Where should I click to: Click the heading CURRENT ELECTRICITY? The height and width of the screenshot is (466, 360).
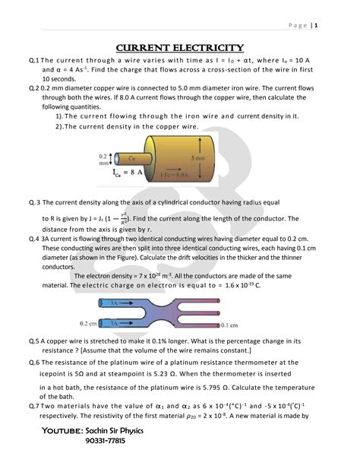[x=180, y=48]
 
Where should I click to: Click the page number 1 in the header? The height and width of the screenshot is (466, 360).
[x=316, y=25]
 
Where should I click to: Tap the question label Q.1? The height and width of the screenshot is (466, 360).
[x=34, y=60]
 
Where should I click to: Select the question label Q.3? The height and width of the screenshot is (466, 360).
[x=34, y=203]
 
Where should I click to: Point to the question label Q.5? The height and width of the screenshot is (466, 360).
[x=34, y=341]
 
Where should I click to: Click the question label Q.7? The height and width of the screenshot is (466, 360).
[x=34, y=406]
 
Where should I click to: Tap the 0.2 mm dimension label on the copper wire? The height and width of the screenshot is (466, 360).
[x=103, y=160]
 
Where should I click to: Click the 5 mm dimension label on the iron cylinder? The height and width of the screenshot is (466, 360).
[x=197, y=158]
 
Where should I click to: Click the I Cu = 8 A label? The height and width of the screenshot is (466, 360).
[x=128, y=173]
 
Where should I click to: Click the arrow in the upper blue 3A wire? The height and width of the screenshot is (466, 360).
[x=126, y=303]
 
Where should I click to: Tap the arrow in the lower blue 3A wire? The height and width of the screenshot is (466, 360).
[x=126, y=323]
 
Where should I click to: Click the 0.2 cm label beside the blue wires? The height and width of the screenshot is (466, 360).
[x=88, y=323]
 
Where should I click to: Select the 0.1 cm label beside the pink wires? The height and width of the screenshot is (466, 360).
[x=229, y=325]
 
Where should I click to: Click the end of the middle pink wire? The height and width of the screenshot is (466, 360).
[x=219, y=313]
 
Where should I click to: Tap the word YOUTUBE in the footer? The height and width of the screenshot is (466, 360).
[x=62, y=430]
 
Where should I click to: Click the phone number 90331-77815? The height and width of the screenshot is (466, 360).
[x=105, y=440]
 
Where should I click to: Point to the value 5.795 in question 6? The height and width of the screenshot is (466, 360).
[x=211, y=388]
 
